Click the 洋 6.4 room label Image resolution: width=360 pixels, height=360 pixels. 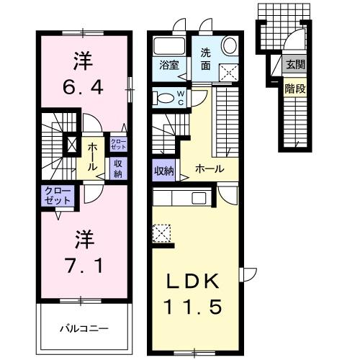tap(83, 73)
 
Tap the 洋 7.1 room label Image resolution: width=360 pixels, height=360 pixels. tap(84, 252)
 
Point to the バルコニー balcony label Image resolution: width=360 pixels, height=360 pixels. tap(84, 328)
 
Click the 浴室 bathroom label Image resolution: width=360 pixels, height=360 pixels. tap(169, 66)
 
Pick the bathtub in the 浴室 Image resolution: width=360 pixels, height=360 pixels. tap(169, 46)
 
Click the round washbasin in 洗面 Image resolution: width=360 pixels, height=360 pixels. tap(229, 46)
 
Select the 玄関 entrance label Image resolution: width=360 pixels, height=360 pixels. tap(295, 64)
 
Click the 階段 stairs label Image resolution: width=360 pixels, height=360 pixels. tap(295, 89)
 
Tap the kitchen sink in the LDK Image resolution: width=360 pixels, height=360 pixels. tap(199, 198)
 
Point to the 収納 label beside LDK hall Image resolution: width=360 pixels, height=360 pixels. tap(164, 171)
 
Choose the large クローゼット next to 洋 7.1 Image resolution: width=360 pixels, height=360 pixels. tap(58, 196)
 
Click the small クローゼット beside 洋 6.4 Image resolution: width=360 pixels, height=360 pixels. tap(118, 144)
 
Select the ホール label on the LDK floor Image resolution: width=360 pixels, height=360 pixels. tap(210, 169)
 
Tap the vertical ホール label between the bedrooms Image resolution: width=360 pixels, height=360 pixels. tap(92, 158)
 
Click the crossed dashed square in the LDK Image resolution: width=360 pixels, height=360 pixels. tap(161, 233)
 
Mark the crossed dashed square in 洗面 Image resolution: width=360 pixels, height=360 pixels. tap(229, 73)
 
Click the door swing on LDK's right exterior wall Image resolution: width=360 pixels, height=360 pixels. tap(248, 274)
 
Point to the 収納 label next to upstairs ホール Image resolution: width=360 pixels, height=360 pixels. tap(118, 169)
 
